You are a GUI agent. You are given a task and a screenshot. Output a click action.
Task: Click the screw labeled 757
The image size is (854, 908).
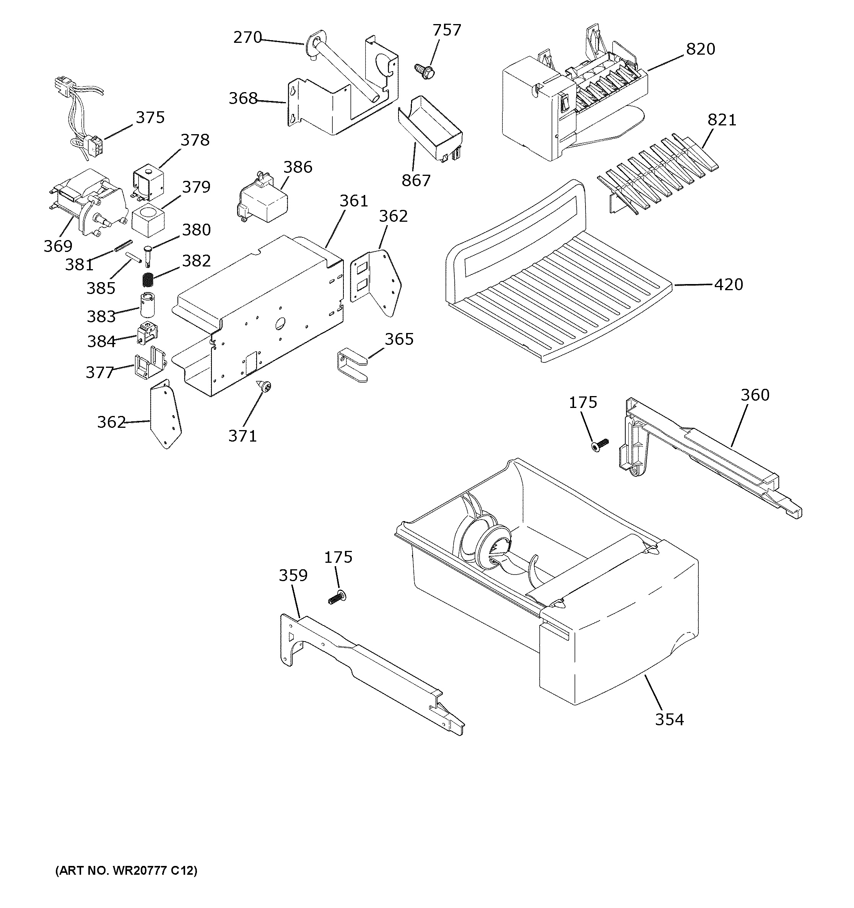point(425,70)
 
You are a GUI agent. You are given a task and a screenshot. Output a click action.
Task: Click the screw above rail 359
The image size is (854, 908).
point(337,597)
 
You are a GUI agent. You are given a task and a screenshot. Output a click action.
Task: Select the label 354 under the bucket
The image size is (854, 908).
point(669,720)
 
